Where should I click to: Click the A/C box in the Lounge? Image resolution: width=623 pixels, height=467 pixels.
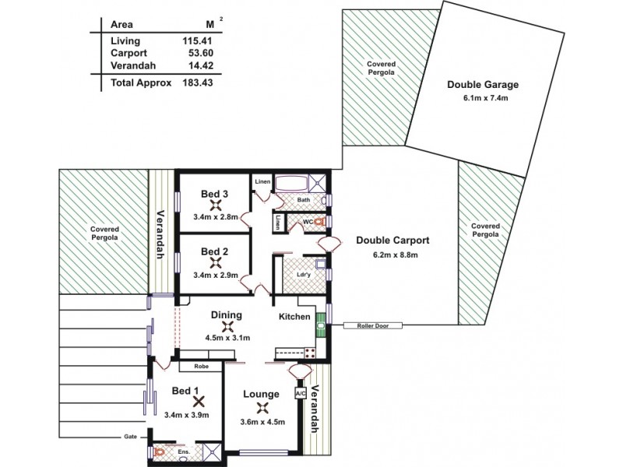point(299,394)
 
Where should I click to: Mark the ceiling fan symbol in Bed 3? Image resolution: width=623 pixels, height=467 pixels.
point(215,206)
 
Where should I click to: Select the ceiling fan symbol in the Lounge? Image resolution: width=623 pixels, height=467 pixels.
point(263,406)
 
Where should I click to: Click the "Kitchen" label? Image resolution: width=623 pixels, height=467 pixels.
point(295,317)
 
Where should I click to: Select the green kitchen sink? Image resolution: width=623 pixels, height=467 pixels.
point(320,325)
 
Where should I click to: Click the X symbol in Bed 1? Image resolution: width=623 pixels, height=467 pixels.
point(199,402)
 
